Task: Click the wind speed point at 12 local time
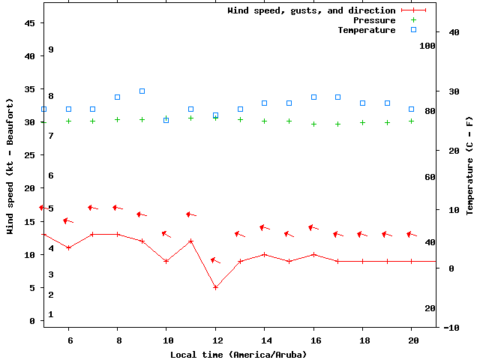[x=215, y=287]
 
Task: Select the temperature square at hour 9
[x=142, y=91]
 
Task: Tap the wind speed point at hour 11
[x=191, y=241]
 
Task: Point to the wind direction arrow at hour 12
[x=215, y=260]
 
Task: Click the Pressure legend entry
[x=373, y=20]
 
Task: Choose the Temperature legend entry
[x=366, y=30]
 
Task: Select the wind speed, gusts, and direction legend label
[x=311, y=10]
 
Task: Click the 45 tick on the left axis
[x=30, y=23]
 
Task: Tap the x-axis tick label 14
[x=264, y=339]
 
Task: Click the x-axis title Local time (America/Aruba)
[x=238, y=354]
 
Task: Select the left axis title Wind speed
[x=10, y=165]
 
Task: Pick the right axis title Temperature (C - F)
[x=469, y=165]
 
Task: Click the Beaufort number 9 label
[x=51, y=49]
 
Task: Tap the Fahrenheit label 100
[x=427, y=46]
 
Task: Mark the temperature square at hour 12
[x=215, y=115]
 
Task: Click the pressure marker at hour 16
[x=313, y=124]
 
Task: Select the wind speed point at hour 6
[x=68, y=247]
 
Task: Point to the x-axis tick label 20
[x=411, y=339]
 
